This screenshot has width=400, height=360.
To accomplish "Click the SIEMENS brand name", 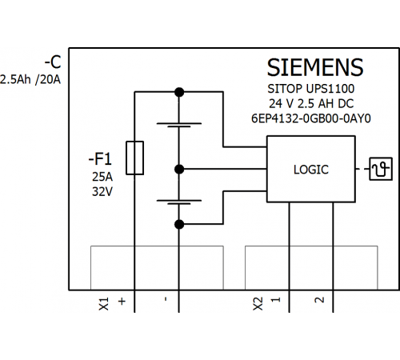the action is tap(315, 67).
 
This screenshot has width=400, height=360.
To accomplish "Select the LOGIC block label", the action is tap(311, 170).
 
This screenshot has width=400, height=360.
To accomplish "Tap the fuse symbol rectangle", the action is tap(134, 158).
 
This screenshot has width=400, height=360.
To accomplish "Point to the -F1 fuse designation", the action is tap(100, 159).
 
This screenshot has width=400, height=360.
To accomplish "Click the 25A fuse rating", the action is tap(102, 177).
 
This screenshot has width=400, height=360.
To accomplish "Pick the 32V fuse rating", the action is tap(102, 191).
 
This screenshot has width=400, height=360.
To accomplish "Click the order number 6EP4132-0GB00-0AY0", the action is tap(311, 118).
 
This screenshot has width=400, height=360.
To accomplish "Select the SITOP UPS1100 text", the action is tap(311, 89).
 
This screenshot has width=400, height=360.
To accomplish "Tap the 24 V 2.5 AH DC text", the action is tap(311, 104).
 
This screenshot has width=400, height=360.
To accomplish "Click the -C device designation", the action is tap(53, 62).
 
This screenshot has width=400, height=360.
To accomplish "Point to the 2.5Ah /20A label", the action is tap(30, 80).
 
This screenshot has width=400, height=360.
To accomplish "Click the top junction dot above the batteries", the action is tap(179, 92).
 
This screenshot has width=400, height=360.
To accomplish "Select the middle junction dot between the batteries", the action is tap(179, 169).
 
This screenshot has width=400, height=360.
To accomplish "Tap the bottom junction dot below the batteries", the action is tap(179, 224).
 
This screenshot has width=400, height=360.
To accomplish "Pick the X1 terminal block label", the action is tap(104, 304).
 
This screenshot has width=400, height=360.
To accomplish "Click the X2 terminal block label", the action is tap(258, 304).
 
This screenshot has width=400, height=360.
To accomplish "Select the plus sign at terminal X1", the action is tap(122, 302).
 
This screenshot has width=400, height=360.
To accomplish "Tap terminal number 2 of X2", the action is tap(319, 300).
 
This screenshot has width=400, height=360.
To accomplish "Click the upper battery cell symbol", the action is tap(179, 125).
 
